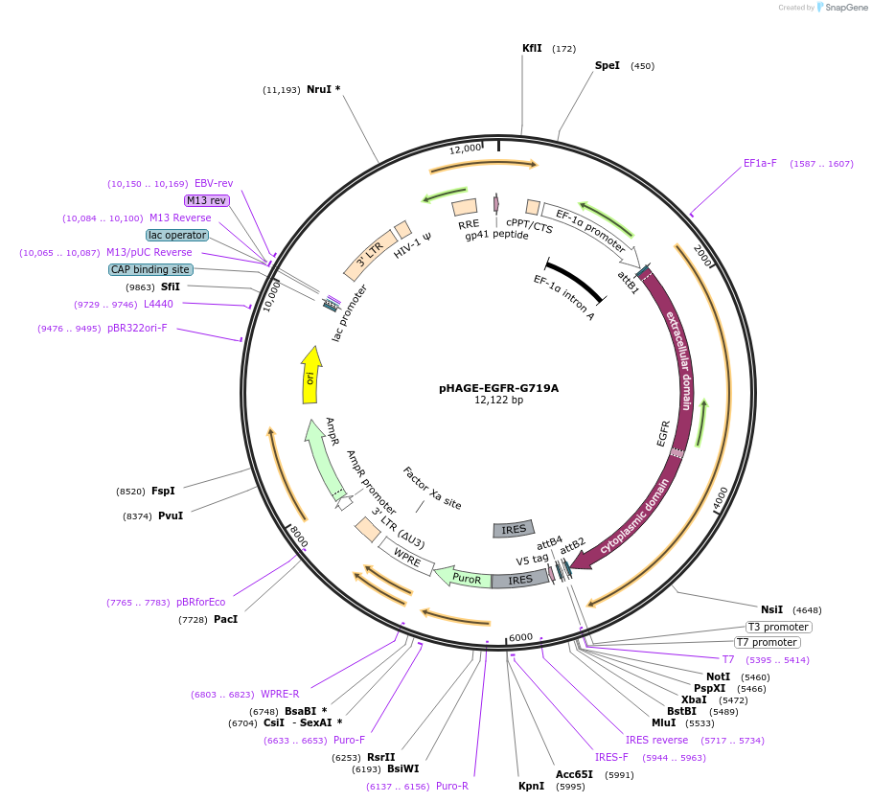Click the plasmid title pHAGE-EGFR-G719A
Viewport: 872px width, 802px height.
coord(498,388)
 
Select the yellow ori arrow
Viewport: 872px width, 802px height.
coord(310,377)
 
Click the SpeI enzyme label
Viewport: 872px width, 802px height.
coord(608,66)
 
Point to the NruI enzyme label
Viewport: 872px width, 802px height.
coord(319,89)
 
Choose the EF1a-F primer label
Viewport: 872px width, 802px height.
coord(760,163)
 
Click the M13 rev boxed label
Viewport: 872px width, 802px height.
coord(206,200)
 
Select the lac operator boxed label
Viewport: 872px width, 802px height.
coord(177,235)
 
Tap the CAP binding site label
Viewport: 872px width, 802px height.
coord(150,269)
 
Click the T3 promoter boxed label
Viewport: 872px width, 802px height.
coord(779,627)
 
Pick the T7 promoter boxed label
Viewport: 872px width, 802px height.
coord(767,642)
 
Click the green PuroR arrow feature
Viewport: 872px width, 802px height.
coord(462,578)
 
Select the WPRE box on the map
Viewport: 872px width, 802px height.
coord(407,556)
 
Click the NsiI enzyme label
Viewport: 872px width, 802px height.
coord(771,609)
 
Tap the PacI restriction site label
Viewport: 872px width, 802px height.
coord(225,620)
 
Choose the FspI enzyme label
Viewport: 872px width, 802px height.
coord(163,491)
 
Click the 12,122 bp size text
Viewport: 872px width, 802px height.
coord(498,401)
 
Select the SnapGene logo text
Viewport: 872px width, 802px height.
coord(844,8)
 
